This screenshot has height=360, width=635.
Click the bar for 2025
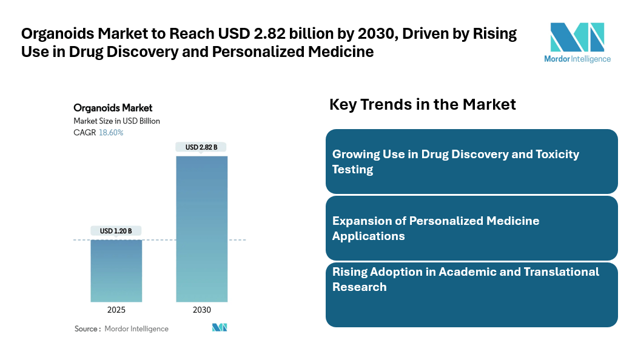[x=116, y=270]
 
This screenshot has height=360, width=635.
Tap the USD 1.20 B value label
[x=116, y=231]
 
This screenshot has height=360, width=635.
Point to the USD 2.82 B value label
[x=201, y=147]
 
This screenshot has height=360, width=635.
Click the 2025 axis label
[x=116, y=310]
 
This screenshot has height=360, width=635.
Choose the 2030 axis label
[x=201, y=310]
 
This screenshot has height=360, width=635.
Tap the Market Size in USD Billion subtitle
[x=116, y=121]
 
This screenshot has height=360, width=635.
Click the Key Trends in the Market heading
[x=422, y=104]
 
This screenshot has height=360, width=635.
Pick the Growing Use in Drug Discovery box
[x=471, y=161]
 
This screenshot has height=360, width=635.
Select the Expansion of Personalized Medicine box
[x=471, y=228]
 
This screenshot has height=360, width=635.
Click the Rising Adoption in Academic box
[x=471, y=295]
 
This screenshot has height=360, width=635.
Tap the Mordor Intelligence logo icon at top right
[x=577, y=37]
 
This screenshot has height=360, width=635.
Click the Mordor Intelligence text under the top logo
[x=577, y=59]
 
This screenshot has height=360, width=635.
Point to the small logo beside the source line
[x=219, y=327]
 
